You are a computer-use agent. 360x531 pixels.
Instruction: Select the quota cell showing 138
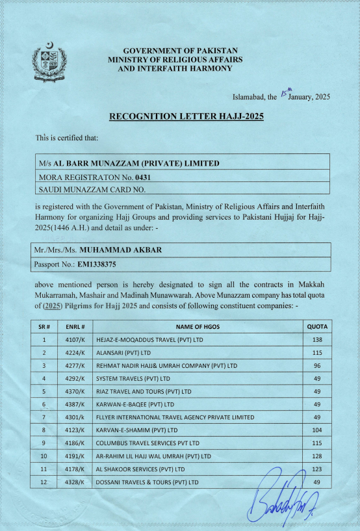(318, 339)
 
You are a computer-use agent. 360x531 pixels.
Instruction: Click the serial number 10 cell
(44, 456)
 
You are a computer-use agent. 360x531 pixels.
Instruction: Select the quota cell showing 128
(318, 456)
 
